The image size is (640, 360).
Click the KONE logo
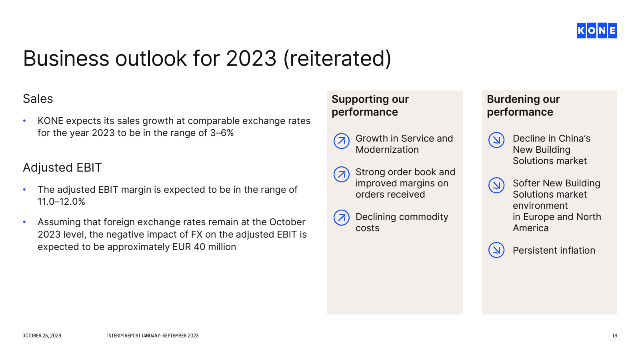[596, 30]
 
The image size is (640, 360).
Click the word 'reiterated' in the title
[337, 58]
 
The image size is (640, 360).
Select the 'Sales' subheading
[38, 99]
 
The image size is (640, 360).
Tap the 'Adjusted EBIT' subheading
[62, 168]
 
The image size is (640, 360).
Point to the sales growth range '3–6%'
[222, 133]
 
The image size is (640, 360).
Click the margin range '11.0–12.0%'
[62, 202]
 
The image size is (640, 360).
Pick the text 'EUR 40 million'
[204, 247]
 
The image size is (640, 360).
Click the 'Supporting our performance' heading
[370, 106]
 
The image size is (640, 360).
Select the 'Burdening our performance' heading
[524, 106]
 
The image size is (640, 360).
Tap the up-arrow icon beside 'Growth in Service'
[342, 141]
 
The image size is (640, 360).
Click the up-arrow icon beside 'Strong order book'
[342, 174]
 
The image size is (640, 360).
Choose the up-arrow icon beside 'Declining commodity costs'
[342, 218]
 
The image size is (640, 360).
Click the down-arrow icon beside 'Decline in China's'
[496, 140]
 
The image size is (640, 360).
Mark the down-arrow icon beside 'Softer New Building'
[496, 185]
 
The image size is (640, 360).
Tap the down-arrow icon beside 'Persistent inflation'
[496, 250]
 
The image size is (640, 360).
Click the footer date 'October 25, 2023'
[42, 336]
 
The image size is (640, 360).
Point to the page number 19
[615, 336]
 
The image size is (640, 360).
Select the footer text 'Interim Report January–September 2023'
[153, 336]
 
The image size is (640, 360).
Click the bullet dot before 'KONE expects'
[24, 121]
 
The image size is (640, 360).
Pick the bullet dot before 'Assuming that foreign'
[24, 222]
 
